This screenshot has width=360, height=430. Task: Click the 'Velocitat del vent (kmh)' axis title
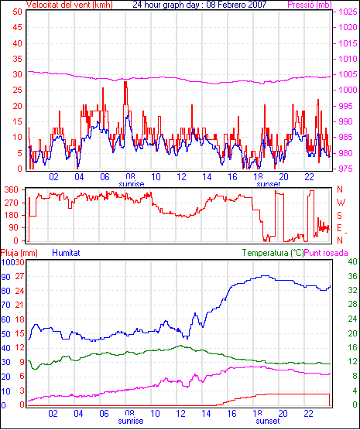pyautogui.click(x=70, y=5)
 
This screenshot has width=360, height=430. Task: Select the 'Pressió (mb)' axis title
pyautogui.click(x=310, y=5)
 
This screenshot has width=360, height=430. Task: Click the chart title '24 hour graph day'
pyautogui.click(x=166, y=5)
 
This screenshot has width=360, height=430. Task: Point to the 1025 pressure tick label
pyautogui.click(x=348, y=12)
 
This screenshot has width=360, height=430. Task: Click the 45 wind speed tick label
pyautogui.click(x=17, y=27)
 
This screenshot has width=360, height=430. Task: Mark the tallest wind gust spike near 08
pyautogui.click(x=125, y=82)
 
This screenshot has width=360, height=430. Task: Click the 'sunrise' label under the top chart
pyautogui.click(x=132, y=184)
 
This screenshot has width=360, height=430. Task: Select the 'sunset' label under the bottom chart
pyautogui.click(x=268, y=421)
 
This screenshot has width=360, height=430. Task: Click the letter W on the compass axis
pyautogui.click(x=341, y=203)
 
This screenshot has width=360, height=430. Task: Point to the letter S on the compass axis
pyautogui.click(x=340, y=216)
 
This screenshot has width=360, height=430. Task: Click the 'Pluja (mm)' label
pyautogui.click(x=19, y=253)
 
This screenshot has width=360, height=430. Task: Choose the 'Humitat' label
pyautogui.click(x=66, y=253)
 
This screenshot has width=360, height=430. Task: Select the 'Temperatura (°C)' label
pyautogui.click(x=273, y=253)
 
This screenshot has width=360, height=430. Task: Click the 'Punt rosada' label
pyautogui.click(x=326, y=253)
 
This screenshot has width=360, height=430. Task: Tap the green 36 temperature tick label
pyautogui.click(x=352, y=276)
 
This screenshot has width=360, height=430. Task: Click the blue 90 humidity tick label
pyautogui.click(x=5, y=277)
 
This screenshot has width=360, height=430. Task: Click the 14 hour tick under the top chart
pyautogui.click(x=207, y=177)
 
